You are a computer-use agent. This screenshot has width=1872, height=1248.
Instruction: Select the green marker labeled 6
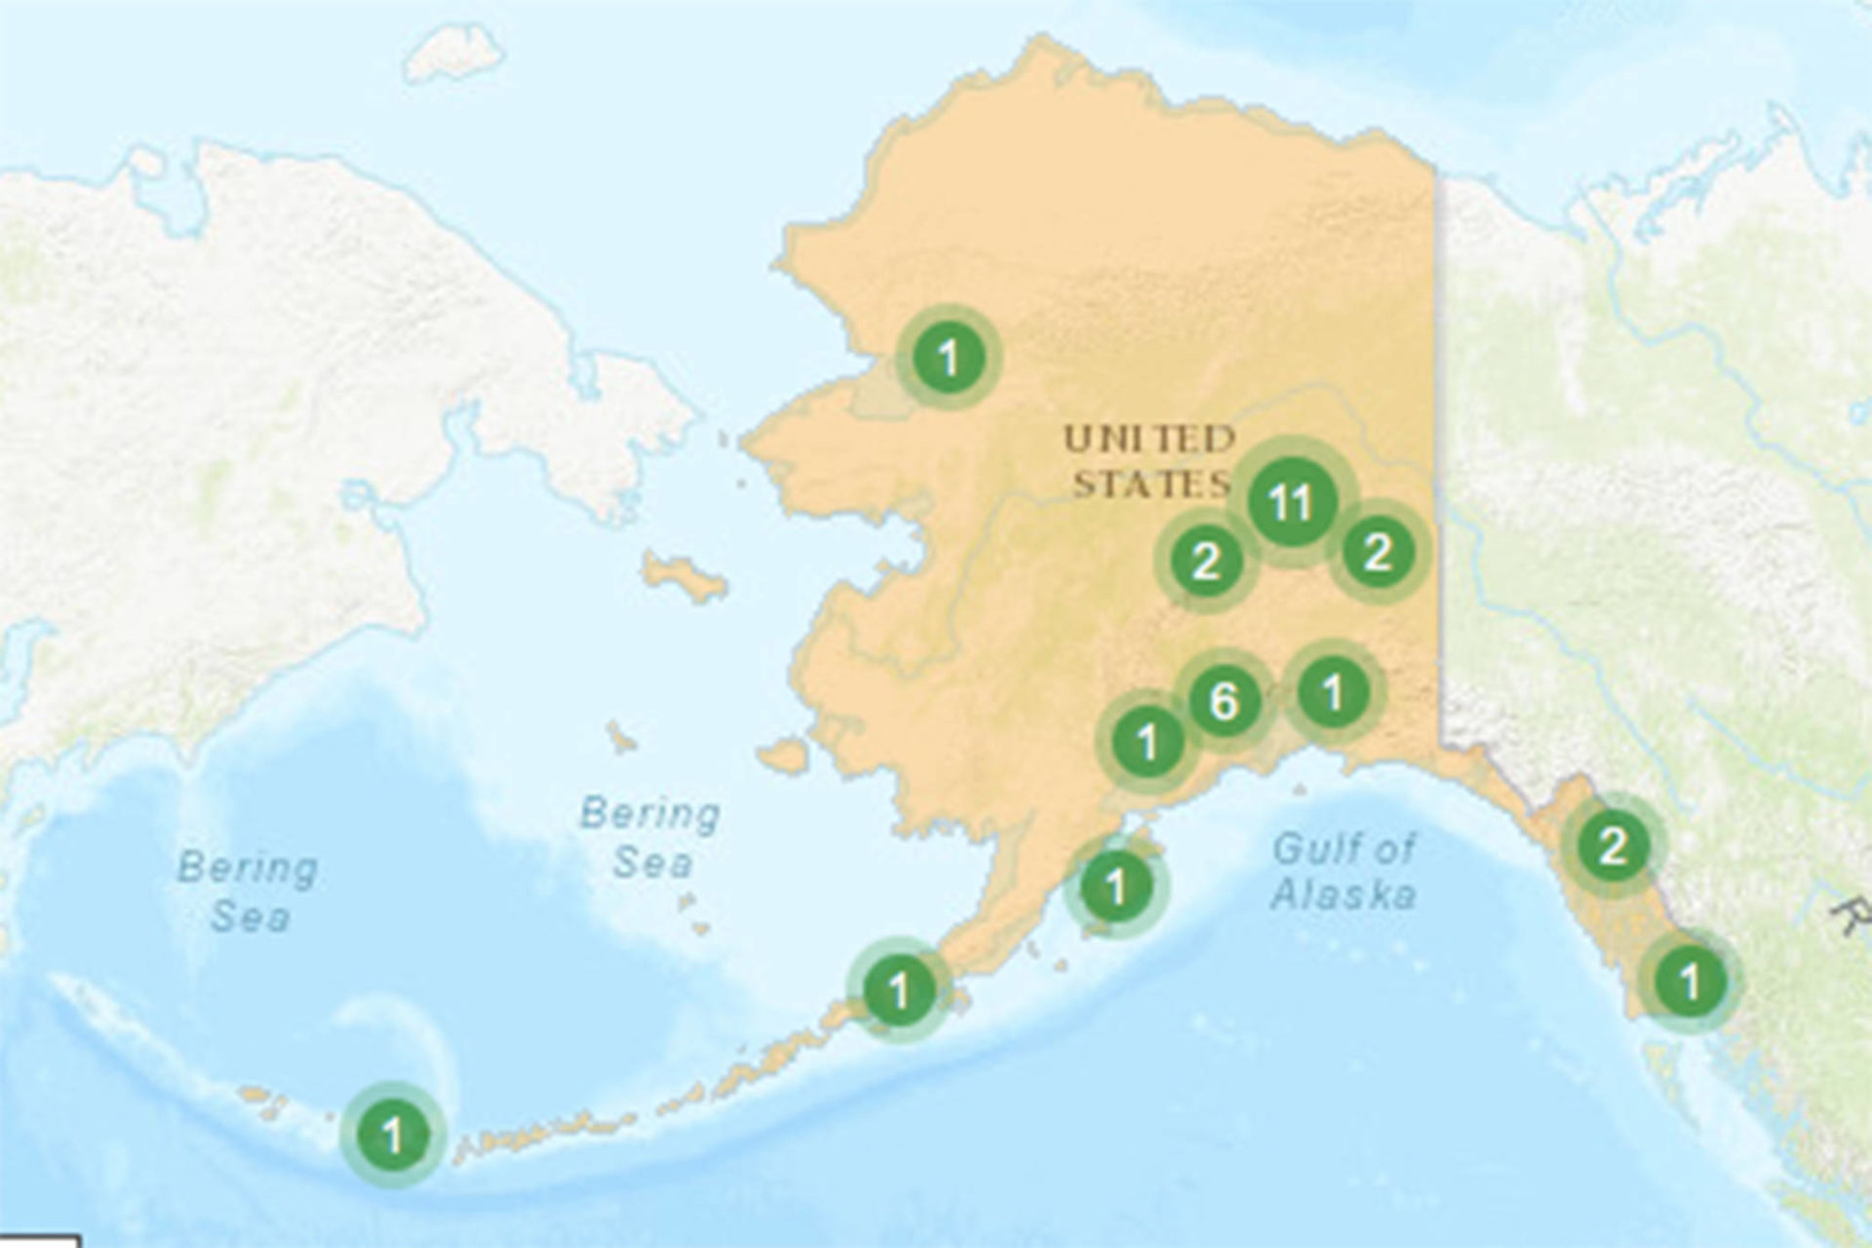tap(1224, 700)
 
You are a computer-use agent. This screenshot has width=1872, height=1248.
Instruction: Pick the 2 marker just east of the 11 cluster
tap(1377, 553)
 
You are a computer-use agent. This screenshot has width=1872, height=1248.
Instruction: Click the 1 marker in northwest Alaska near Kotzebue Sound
tap(949, 358)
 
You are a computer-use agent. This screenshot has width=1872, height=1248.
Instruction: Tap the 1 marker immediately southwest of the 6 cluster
tap(1148, 742)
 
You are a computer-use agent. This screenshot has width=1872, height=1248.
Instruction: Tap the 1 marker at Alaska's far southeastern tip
tap(1690, 980)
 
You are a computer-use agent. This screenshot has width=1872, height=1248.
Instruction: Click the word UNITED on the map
tap(1149, 441)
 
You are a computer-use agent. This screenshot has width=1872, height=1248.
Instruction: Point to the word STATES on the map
tap(1150, 485)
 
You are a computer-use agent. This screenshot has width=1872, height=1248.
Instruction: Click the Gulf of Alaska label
tap(1344, 871)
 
